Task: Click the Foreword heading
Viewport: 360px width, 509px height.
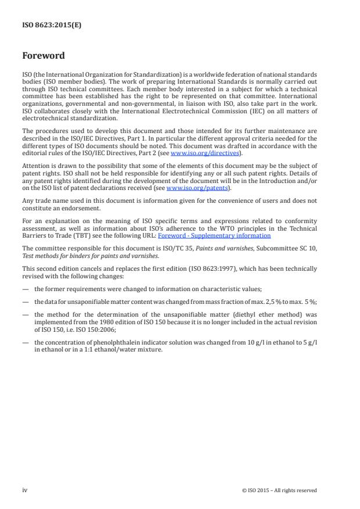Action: point(44,56)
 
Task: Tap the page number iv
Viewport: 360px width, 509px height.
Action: point(25,490)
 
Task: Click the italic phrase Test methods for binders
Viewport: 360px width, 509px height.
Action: point(52,255)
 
